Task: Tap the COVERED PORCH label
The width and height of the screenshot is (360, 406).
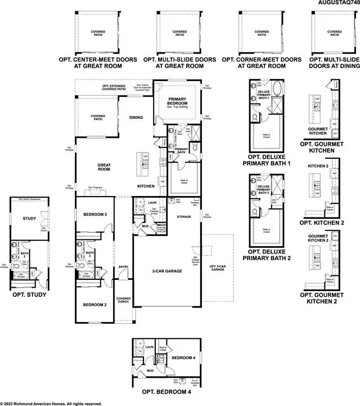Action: click(124, 301)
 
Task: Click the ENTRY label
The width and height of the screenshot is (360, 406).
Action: click(124, 267)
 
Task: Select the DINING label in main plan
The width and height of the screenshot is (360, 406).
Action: click(136, 118)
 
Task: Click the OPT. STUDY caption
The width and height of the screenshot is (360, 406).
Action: click(29, 295)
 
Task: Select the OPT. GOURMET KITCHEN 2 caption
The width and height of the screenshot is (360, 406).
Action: click(322, 298)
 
